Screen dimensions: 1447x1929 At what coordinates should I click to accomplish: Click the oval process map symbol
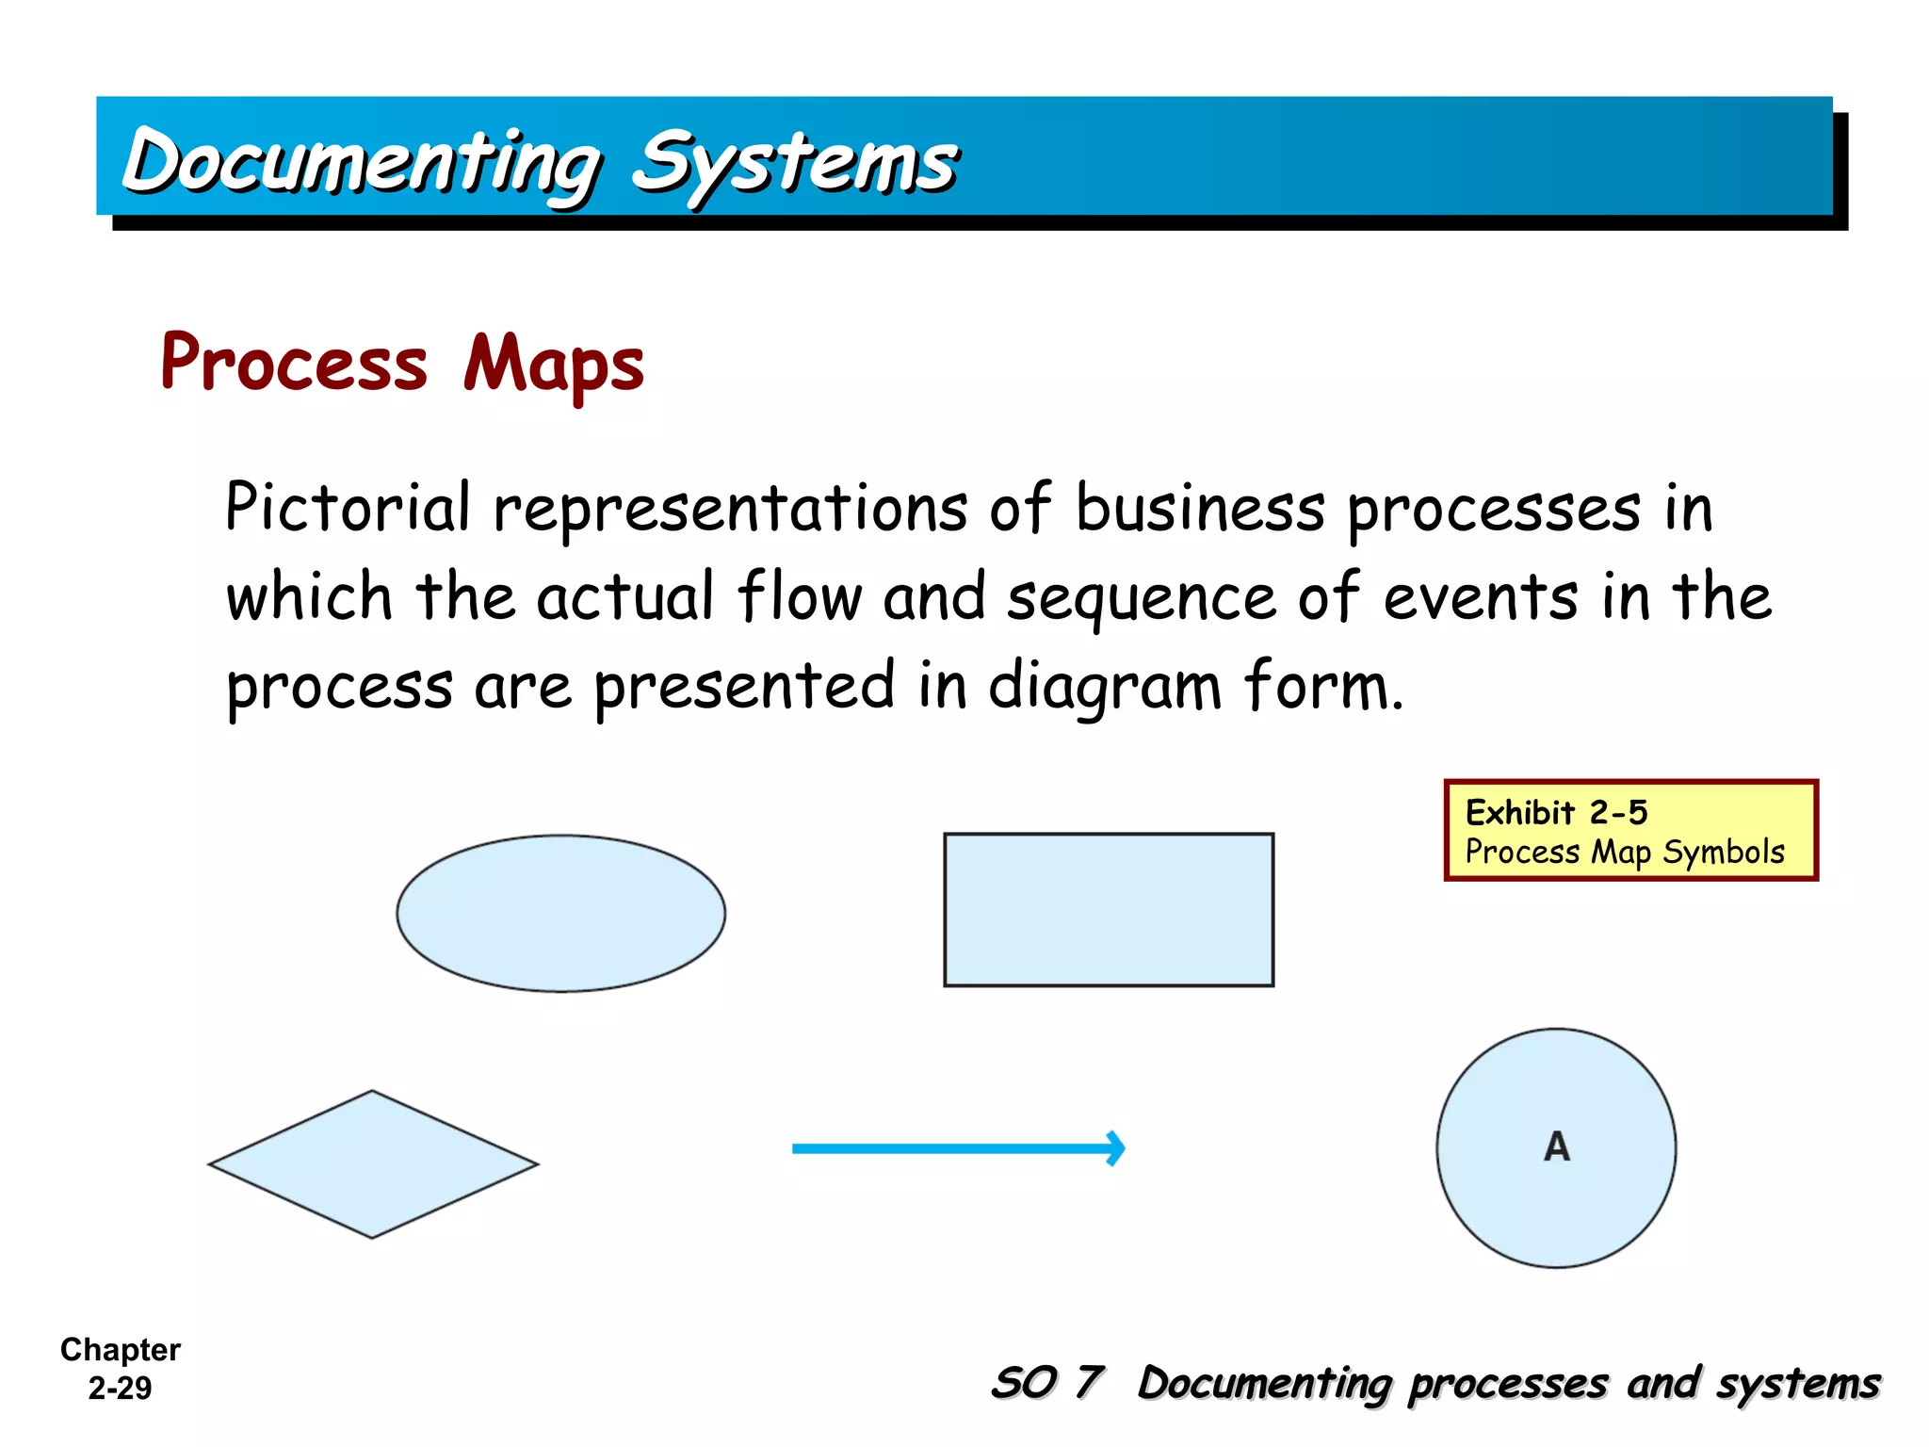click(560, 913)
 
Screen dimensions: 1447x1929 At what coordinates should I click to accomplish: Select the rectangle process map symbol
click(1109, 910)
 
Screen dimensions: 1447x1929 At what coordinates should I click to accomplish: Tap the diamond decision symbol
click(373, 1164)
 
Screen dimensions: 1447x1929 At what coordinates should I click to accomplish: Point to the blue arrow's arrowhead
click(1115, 1147)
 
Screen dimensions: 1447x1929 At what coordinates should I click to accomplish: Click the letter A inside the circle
click(1557, 1146)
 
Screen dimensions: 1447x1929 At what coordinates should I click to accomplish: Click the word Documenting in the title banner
click(363, 163)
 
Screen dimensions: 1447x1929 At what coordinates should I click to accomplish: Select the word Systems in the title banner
click(794, 163)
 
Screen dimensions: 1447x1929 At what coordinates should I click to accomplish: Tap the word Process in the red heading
click(294, 364)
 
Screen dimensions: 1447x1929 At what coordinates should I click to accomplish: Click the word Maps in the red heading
click(554, 366)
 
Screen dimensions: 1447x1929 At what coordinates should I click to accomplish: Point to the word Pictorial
click(348, 508)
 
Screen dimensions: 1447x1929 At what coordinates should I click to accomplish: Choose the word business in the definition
click(1200, 509)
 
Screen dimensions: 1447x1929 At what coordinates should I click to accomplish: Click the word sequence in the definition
click(1141, 599)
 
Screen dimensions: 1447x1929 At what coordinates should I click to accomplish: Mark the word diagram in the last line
click(1105, 687)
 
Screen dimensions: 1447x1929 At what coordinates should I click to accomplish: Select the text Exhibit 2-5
click(1556, 812)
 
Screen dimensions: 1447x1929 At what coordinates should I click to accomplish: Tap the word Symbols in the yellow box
click(1723, 853)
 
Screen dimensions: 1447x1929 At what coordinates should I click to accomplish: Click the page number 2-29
click(120, 1388)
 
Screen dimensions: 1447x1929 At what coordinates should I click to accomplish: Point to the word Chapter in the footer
click(121, 1350)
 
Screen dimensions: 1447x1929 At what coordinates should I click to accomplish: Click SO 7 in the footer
click(1046, 1383)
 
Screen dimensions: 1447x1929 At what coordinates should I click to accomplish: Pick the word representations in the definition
click(730, 509)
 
